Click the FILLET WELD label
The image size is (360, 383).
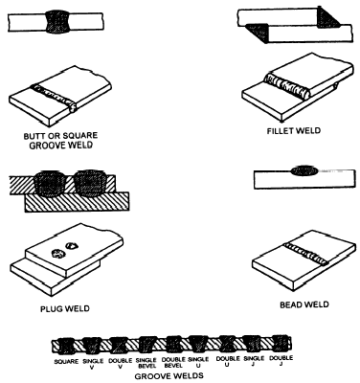[294, 131]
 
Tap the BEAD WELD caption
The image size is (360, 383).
[304, 304]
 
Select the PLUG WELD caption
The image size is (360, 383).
[65, 309]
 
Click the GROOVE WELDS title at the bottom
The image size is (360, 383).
[169, 376]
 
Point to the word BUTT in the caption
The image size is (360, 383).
[34, 136]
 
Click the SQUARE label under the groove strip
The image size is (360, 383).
[66, 362]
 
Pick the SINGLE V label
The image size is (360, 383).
[93, 364]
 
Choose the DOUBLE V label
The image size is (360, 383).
[121, 363]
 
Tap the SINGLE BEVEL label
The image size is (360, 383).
[146, 363]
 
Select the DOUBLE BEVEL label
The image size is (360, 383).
[173, 363]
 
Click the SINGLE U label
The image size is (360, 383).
[198, 362]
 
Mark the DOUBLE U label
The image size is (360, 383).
[228, 362]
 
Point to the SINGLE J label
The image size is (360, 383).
[254, 361]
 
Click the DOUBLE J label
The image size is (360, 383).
[281, 361]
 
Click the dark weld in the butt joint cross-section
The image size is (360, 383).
[58, 22]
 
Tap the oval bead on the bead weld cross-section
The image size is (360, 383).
[304, 171]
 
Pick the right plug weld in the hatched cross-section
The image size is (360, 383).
[90, 182]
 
